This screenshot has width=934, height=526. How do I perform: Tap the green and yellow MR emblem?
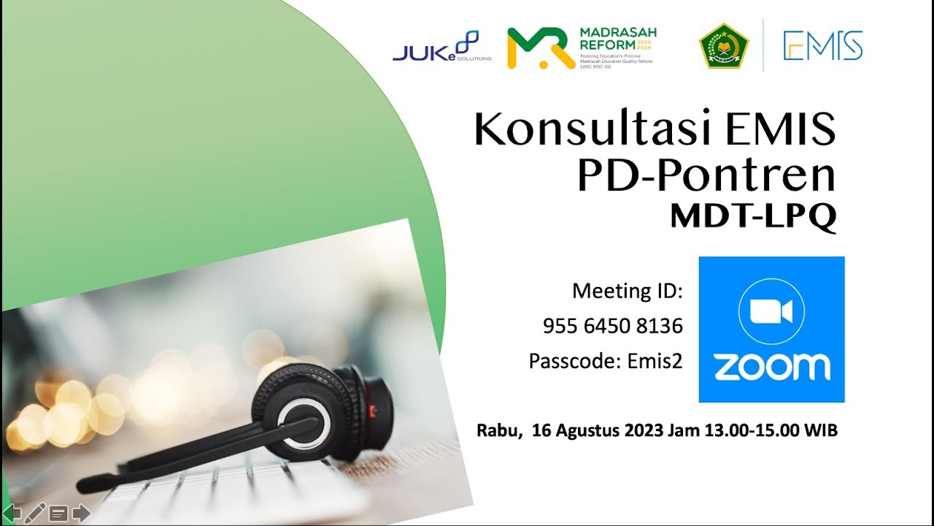click(541, 48)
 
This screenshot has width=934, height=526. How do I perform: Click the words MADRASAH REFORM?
click(617, 37)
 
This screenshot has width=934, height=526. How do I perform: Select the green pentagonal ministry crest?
click(724, 46)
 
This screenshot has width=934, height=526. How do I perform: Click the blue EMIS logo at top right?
click(822, 46)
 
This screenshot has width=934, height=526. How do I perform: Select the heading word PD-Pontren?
click(706, 176)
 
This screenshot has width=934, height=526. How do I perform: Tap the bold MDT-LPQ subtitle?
click(753, 216)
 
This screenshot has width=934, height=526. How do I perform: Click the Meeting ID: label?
click(628, 291)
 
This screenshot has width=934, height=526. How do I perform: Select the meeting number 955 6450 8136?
click(613, 327)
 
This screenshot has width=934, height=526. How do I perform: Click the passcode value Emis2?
click(655, 361)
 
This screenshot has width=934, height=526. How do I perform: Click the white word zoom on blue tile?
click(771, 366)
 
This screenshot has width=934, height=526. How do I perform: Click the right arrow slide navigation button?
click(81, 514)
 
